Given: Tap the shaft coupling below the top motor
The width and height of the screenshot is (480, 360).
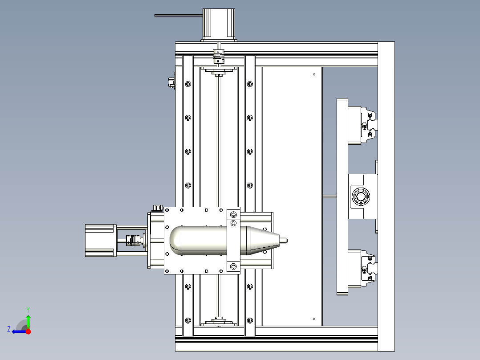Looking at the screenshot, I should coord(218,57).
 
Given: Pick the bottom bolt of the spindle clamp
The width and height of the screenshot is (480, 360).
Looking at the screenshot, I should coord(233,266).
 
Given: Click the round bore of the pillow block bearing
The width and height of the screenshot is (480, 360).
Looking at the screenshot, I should coord(361,196).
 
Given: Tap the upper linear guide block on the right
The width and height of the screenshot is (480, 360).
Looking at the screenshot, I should coord(362,125).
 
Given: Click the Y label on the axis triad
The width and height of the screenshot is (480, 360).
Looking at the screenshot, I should coord(28,309).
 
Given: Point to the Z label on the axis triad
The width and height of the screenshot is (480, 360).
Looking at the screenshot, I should coord(9,329).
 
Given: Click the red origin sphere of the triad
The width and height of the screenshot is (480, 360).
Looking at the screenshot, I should coord(28,331).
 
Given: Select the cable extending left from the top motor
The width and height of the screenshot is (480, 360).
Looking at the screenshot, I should coord(178,16).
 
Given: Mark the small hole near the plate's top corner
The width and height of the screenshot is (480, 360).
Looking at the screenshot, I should coord(314,74).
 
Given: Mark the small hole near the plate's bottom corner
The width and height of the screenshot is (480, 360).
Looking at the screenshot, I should coord(314,319).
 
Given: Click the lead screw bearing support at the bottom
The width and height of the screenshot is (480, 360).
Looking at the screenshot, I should coord(218,322).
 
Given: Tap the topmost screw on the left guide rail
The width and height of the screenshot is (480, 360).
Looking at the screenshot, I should coord(188,84).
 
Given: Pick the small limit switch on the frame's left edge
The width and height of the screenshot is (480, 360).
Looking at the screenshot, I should coord(171,82).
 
